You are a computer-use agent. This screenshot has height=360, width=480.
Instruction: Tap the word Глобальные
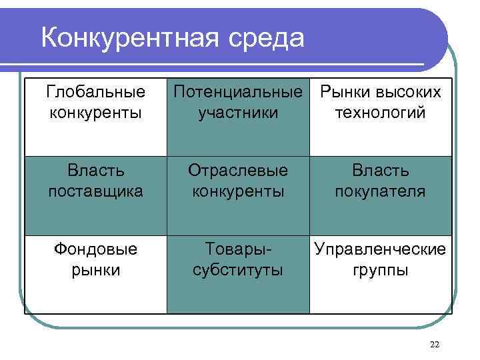pyautogui.click(x=95, y=91)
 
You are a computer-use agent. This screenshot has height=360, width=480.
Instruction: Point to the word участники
pyautogui.click(x=238, y=112)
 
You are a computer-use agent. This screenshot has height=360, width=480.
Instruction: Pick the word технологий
pyautogui.click(x=380, y=112)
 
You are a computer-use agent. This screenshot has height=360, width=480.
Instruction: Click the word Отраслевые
pyautogui.click(x=238, y=171)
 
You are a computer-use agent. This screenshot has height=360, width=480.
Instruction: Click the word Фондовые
pyautogui.click(x=95, y=249)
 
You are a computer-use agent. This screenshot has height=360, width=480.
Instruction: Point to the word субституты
pyautogui.click(x=238, y=270)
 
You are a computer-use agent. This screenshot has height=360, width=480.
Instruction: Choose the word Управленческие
pyautogui.click(x=380, y=249)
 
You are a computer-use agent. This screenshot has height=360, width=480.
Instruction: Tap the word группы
pyautogui.click(x=380, y=270)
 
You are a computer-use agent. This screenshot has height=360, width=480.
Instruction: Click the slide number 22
pyautogui.click(x=435, y=344)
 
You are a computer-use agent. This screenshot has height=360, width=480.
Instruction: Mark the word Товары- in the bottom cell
pyautogui.click(x=238, y=249)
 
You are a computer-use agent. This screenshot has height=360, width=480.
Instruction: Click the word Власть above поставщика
pyautogui.click(x=95, y=171)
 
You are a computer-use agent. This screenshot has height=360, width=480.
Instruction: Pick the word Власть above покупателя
pyautogui.click(x=380, y=171)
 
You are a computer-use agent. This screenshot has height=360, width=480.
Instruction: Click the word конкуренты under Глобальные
pyautogui.click(x=95, y=112)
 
